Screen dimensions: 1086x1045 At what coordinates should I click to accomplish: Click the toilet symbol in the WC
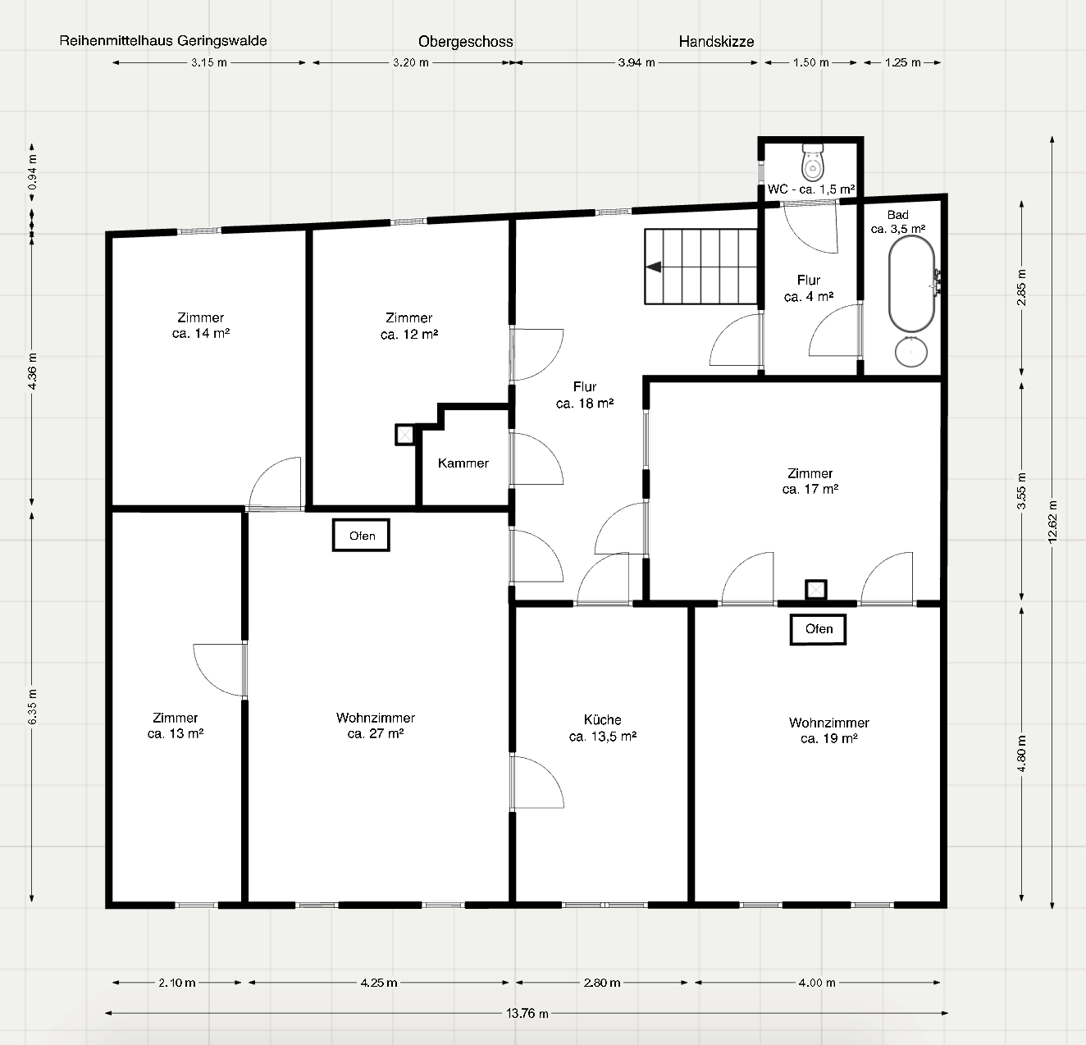[x=813, y=161]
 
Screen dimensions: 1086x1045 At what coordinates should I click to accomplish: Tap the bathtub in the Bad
[x=911, y=285]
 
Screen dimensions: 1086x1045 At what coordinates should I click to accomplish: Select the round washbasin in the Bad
[x=910, y=352]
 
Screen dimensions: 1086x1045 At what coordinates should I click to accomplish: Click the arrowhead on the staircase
[x=654, y=267]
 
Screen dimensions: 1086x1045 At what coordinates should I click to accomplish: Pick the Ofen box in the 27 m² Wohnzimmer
[x=361, y=536]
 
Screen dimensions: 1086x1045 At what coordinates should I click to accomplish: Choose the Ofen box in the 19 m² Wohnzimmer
[x=818, y=629]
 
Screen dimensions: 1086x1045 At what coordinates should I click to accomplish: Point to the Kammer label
[x=463, y=463]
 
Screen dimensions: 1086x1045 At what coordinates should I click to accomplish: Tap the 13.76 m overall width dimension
[x=527, y=1013]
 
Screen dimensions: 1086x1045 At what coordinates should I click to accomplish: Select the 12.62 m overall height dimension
[x=1052, y=522]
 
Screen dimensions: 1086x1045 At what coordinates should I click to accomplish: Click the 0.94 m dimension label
[x=32, y=171]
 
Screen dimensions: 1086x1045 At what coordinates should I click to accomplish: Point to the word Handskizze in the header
[x=717, y=41]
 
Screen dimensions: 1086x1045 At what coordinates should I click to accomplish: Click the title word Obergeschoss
[x=465, y=42]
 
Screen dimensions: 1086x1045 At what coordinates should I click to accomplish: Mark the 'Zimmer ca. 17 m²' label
[x=810, y=481]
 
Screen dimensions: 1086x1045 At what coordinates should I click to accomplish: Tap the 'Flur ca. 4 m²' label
[x=809, y=288]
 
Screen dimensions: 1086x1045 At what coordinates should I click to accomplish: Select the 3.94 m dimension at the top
[x=637, y=62]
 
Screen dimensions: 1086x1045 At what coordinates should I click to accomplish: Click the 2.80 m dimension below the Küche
[x=602, y=983]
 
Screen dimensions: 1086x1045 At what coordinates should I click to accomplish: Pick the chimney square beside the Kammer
[x=404, y=435]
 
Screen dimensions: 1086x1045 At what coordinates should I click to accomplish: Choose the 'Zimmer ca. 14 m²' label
[x=201, y=326]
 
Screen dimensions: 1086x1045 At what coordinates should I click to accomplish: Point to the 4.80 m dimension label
[x=1022, y=754]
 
